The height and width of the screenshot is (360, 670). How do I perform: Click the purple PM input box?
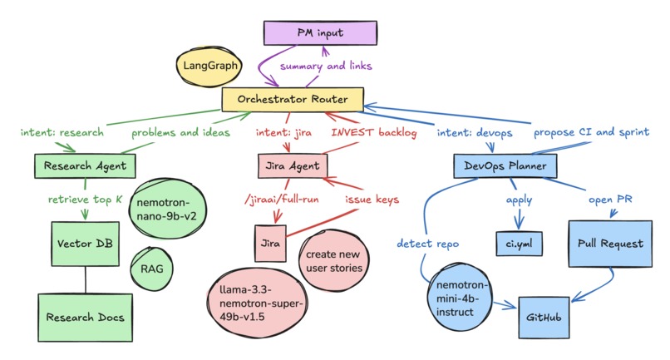(x=320, y=33)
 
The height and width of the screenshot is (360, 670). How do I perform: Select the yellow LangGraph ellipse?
(x=209, y=66)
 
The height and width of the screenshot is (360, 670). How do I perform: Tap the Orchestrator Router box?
(x=293, y=100)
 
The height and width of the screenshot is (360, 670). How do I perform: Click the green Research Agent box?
(x=85, y=166)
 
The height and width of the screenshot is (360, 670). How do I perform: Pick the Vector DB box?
(x=85, y=244)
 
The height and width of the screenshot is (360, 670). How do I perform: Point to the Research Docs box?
(x=85, y=318)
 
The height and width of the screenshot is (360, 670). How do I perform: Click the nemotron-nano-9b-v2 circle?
(x=166, y=209)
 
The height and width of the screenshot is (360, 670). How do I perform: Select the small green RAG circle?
(x=151, y=269)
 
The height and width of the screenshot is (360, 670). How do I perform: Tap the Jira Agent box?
(x=293, y=166)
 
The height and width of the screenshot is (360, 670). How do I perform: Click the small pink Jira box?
(x=270, y=244)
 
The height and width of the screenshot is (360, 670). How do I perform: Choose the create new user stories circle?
(x=333, y=261)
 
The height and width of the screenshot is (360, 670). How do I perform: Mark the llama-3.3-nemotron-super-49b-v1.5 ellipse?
(x=257, y=303)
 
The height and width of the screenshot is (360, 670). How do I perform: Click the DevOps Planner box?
(x=505, y=166)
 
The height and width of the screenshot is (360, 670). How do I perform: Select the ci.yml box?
(x=520, y=244)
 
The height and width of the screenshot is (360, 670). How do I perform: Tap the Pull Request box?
(x=610, y=244)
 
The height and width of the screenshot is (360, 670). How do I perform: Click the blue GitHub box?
(x=544, y=318)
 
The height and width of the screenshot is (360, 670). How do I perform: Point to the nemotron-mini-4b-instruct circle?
(x=460, y=298)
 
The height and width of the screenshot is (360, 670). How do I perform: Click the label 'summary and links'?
(x=326, y=66)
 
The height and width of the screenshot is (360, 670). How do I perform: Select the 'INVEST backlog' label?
(x=374, y=132)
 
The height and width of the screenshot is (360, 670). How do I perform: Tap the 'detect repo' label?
(x=428, y=244)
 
